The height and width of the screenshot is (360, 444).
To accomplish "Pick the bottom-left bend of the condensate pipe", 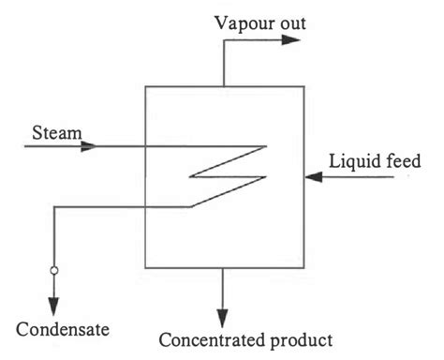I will (x=53, y=207).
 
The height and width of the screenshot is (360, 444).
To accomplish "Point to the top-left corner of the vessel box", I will (x=146, y=86).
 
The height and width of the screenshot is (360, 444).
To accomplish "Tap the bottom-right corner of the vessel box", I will (x=300, y=265).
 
